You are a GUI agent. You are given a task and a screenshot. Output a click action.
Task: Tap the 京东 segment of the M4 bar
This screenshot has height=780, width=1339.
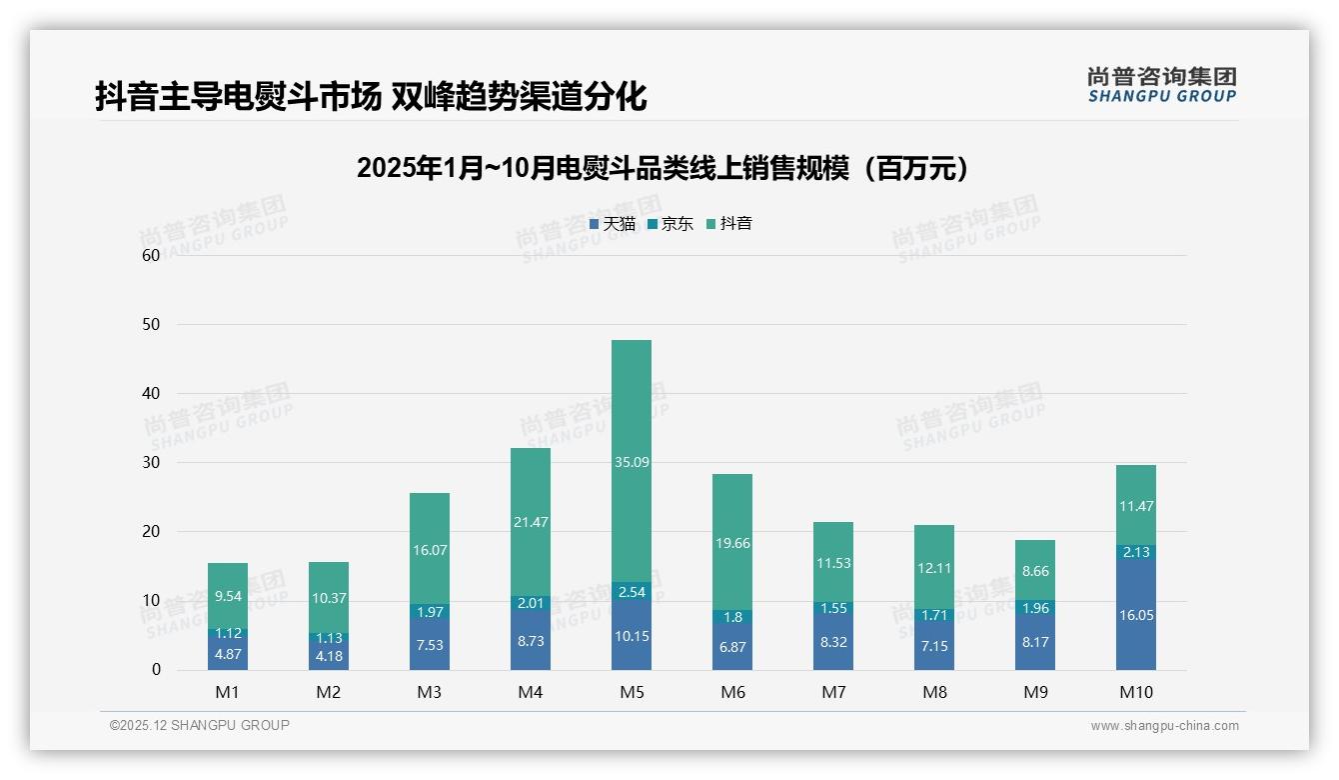(x=530, y=603)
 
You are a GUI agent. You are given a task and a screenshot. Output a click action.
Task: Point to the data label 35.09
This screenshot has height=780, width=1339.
(x=631, y=462)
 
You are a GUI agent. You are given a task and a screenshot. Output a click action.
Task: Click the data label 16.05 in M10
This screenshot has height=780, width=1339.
(x=1136, y=615)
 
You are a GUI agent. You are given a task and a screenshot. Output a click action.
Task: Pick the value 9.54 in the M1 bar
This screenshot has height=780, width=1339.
(x=228, y=596)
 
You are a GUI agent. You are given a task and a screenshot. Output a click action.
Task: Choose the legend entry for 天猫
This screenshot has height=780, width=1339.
(x=613, y=224)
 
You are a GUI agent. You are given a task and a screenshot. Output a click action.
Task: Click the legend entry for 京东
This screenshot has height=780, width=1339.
(x=670, y=224)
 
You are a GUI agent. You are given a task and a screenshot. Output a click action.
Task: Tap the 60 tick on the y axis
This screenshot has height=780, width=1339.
(x=151, y=255)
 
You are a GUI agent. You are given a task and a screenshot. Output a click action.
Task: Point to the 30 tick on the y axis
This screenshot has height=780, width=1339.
(x=151, y=462)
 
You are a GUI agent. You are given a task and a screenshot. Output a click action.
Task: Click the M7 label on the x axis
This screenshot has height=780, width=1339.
(x=833, y=692)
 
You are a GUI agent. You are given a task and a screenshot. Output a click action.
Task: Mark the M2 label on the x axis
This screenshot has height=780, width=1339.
(x=329, y=692)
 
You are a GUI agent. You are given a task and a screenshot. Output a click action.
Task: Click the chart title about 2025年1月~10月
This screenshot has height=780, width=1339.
(x=663, y=168)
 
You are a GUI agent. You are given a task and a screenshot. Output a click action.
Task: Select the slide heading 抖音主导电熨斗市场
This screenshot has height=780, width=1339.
(x=371, y=96)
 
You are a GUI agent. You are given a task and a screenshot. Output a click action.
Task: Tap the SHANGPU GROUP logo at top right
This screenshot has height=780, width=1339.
(x=1161, y=85)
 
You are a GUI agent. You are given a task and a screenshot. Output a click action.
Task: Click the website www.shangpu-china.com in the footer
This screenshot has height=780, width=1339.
(x=1164, y=726)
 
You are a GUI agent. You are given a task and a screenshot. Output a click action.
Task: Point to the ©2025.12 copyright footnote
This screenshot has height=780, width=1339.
(x=200, y=726)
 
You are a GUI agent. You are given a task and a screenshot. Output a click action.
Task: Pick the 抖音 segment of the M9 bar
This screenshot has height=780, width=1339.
(x=1035, y=570)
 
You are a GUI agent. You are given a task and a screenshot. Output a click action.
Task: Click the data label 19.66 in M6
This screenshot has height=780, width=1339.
(x=732, y=543)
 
